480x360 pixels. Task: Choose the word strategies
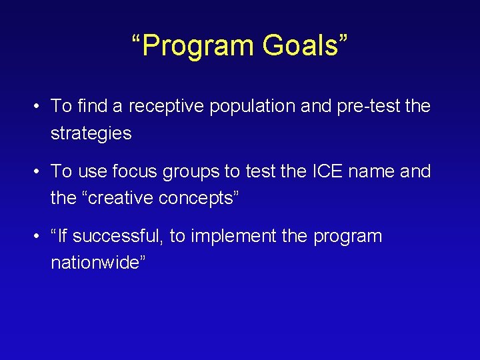point(91,133)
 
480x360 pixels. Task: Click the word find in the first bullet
point(90,106)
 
